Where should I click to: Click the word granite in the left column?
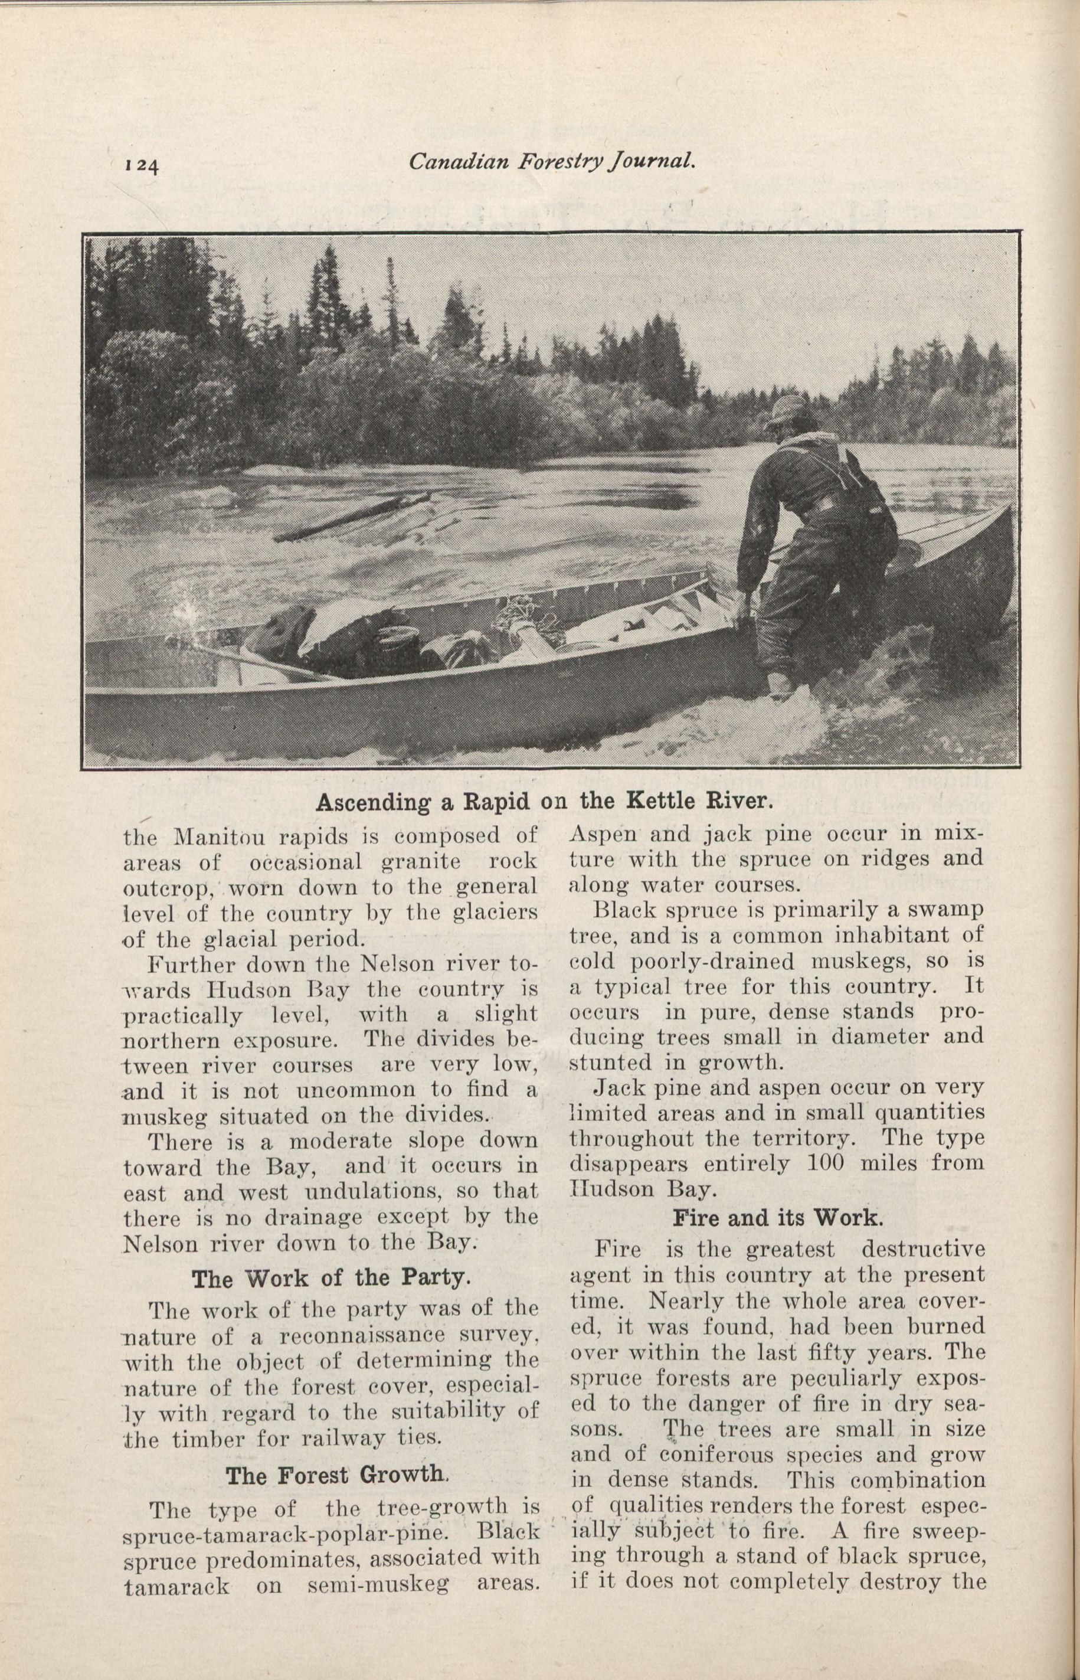pyautogui.click(x=407, y=861)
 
